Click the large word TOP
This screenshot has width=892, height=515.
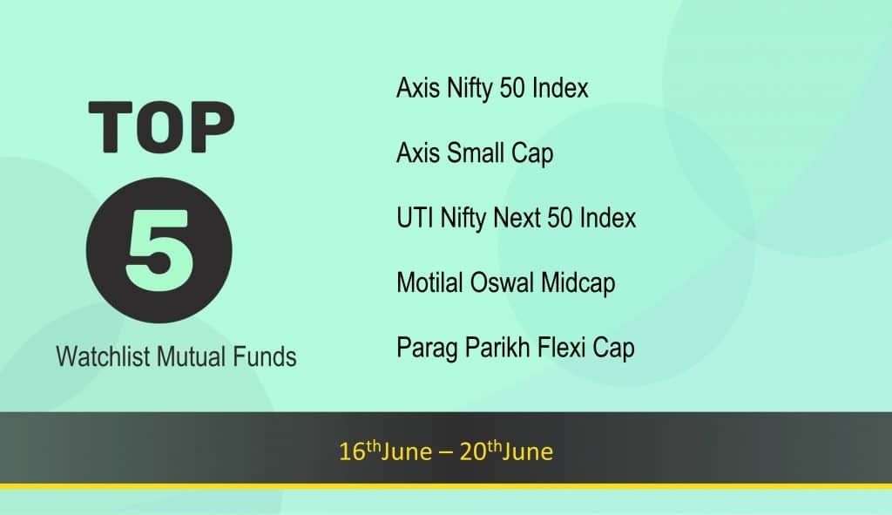click(161, 127)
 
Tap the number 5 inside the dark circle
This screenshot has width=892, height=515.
click(159, 250)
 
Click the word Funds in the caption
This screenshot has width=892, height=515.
click(265, 356)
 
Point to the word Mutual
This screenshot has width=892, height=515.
click(192, 356)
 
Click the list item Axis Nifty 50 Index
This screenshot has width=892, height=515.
click(492, 89)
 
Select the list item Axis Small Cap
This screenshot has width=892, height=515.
click(475, 153)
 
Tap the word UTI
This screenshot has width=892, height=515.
click(415, 218)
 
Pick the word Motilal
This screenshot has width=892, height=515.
click(429, 283)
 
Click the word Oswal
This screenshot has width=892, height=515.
click(502, 283)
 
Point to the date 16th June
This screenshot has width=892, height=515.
click(385, 451)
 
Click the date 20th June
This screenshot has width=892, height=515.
click(506, 451)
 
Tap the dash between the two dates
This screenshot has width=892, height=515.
click(446, 453)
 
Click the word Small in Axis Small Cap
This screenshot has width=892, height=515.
click(476, 152)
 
